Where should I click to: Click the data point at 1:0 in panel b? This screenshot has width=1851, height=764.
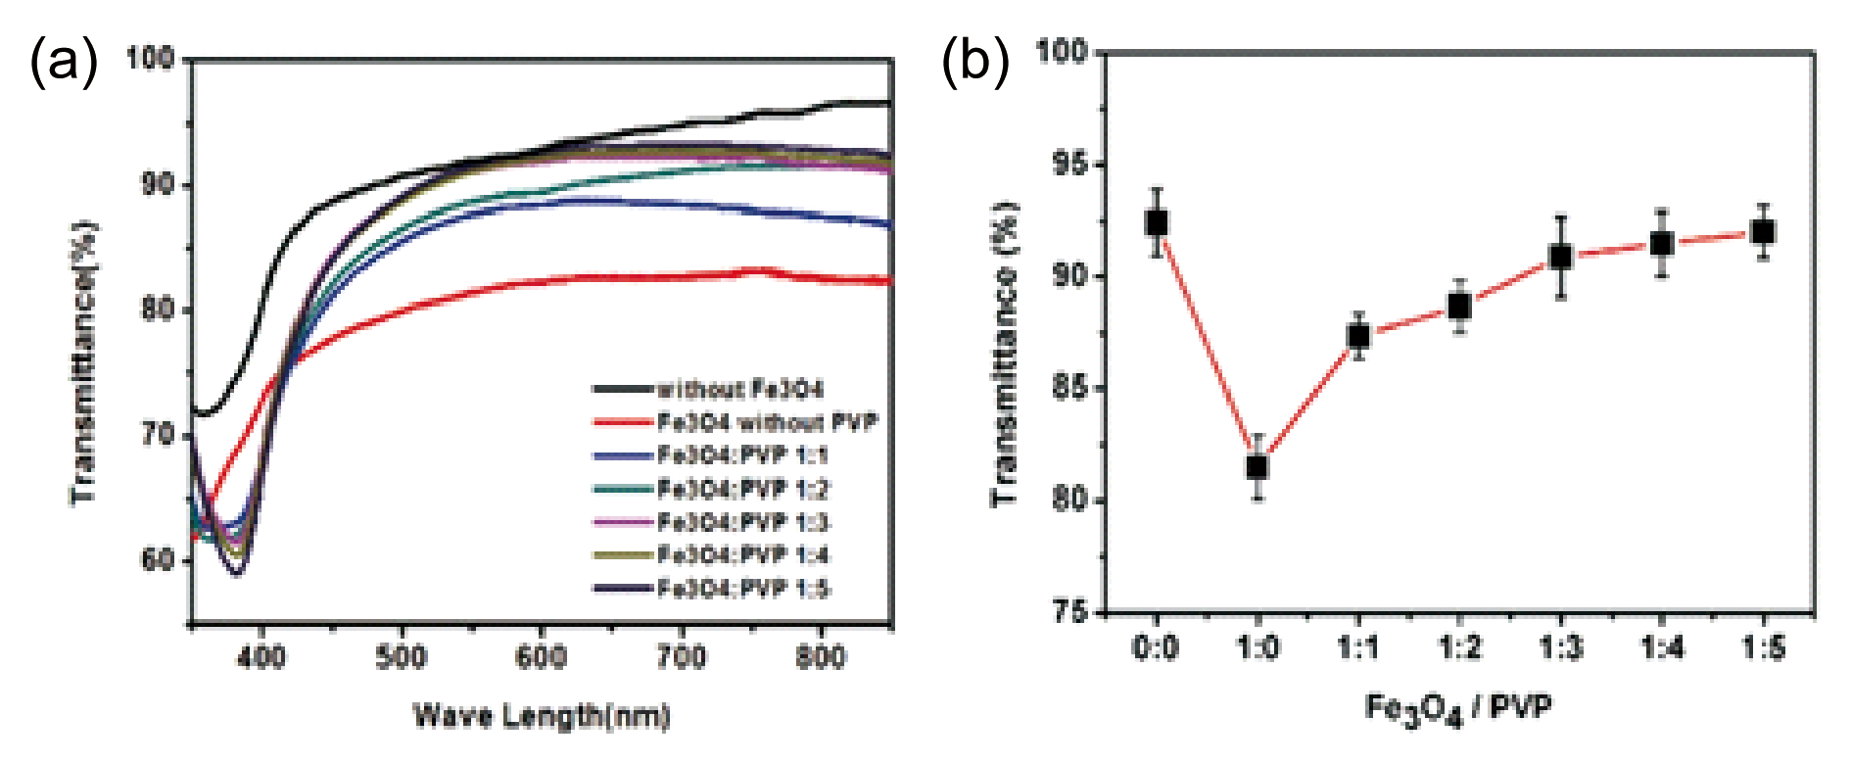pyautogui.click(x=1258, y=467)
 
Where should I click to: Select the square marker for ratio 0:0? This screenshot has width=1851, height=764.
pyautogui.click(x=1157, y=222)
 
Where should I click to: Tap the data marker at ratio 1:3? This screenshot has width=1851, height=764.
pyautogui.click(x=1561, y=257)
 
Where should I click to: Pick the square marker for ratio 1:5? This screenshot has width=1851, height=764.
pyautogui.click(x=1764, y=232)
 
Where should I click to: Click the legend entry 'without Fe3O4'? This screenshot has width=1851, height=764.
pyautogui.click(x=739, y=390)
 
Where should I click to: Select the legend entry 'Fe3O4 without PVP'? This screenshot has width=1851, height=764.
pyautogui.click(x=767, y=423)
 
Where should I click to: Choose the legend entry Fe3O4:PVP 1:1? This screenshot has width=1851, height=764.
pyautogui.click(x=742, y=455)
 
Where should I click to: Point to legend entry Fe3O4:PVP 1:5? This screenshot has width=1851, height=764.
pyautogui.click(x=742, y=589)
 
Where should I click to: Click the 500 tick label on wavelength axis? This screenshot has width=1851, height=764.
pyautogui.click(x=402, y=656)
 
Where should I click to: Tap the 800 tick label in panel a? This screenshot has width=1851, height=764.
pyautogui.click(x=821, y=656)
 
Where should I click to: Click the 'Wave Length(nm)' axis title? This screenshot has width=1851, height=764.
pyautogui.click(x=542, y=716)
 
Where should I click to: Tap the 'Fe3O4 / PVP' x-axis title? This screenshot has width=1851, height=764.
pyautogui.click(x=1459, y=708)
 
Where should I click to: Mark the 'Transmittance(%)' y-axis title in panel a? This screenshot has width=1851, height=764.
pyautogui.click(x=85, y=362)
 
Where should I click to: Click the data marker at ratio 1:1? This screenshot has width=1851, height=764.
pyautogui.click(x=1358, y=336)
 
